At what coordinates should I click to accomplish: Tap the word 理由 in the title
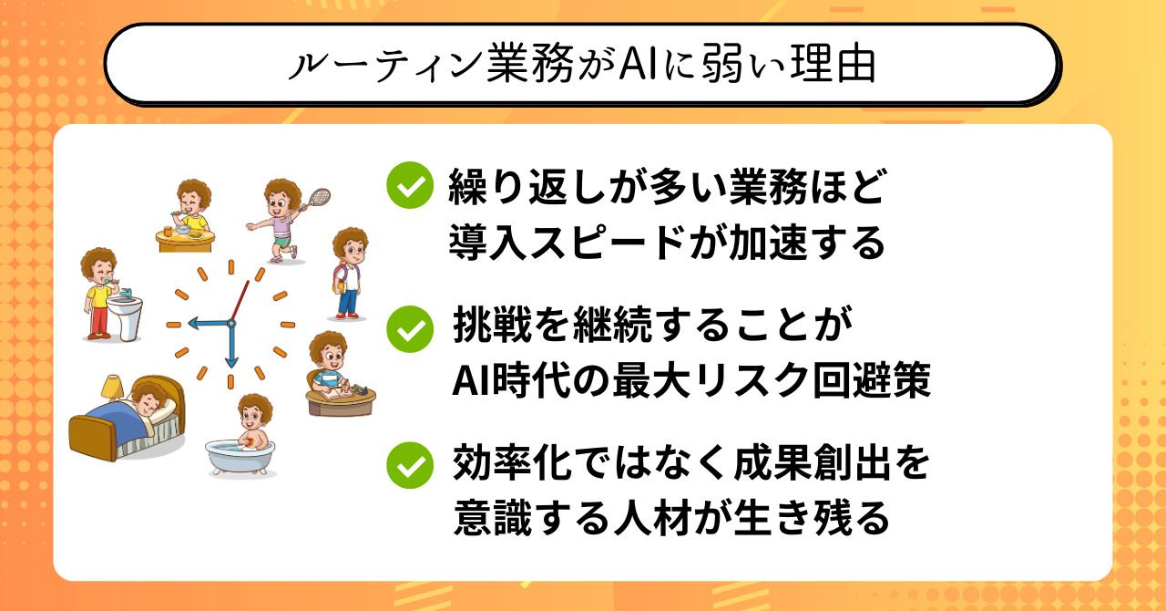click(x=833, y=65)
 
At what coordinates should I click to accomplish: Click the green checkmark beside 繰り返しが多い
click(x=410, y=185)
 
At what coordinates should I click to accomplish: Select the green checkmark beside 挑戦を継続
click(x=410, y=329)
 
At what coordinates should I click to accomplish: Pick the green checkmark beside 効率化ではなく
click(x=410, y=465)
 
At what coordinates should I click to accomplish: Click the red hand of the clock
click(x=240, y=301)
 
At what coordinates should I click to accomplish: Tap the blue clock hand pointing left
click(x=210, y=323)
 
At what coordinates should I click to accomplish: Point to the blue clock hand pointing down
click(x=231, y=347)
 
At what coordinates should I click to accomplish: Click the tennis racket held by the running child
click(x=315, y=199)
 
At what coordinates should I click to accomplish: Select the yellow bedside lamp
click(x=112, y=387)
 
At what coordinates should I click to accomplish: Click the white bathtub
click(x=240, y=457)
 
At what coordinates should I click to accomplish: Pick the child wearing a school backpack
click(x=349, y=273)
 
